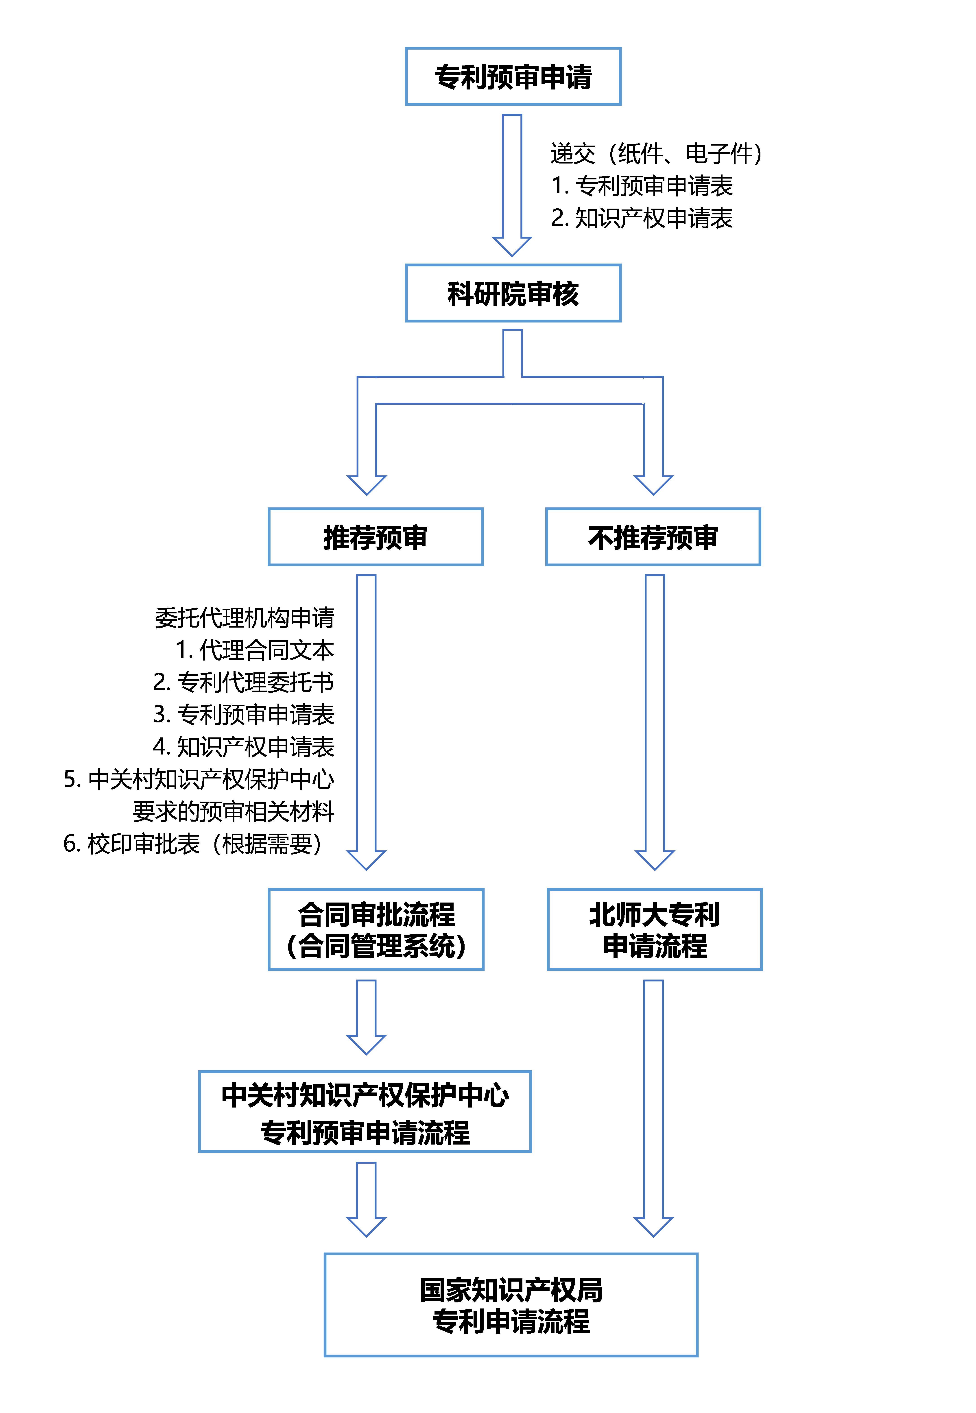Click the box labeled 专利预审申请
(513, 76)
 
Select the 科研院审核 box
(513, 294)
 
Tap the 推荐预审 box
(376, 537)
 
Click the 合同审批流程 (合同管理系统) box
(376, 929)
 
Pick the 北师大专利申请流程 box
(654, 929)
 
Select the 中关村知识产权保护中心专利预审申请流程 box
(365, 1112)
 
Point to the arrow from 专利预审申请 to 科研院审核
(512, 183)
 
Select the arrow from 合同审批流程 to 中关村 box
(366, 1016)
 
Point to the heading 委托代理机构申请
(245, 617)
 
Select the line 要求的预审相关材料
(234, 811)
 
